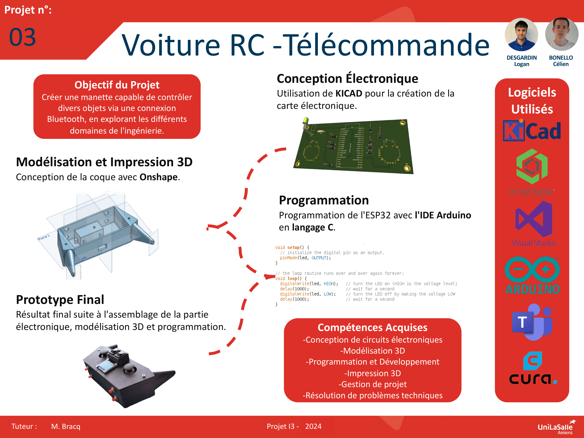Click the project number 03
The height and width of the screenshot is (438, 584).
[23, 37]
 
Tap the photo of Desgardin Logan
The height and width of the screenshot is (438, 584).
[521, 34]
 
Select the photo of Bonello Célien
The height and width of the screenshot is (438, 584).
[561, 34]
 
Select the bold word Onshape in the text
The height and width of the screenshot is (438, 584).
[158, 177]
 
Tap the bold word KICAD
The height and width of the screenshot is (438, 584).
[349, 93]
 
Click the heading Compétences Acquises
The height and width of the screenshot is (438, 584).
[372, 327]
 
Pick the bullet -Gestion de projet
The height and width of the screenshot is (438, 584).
[372, 384]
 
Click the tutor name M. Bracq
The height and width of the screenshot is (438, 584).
[65, 426]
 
